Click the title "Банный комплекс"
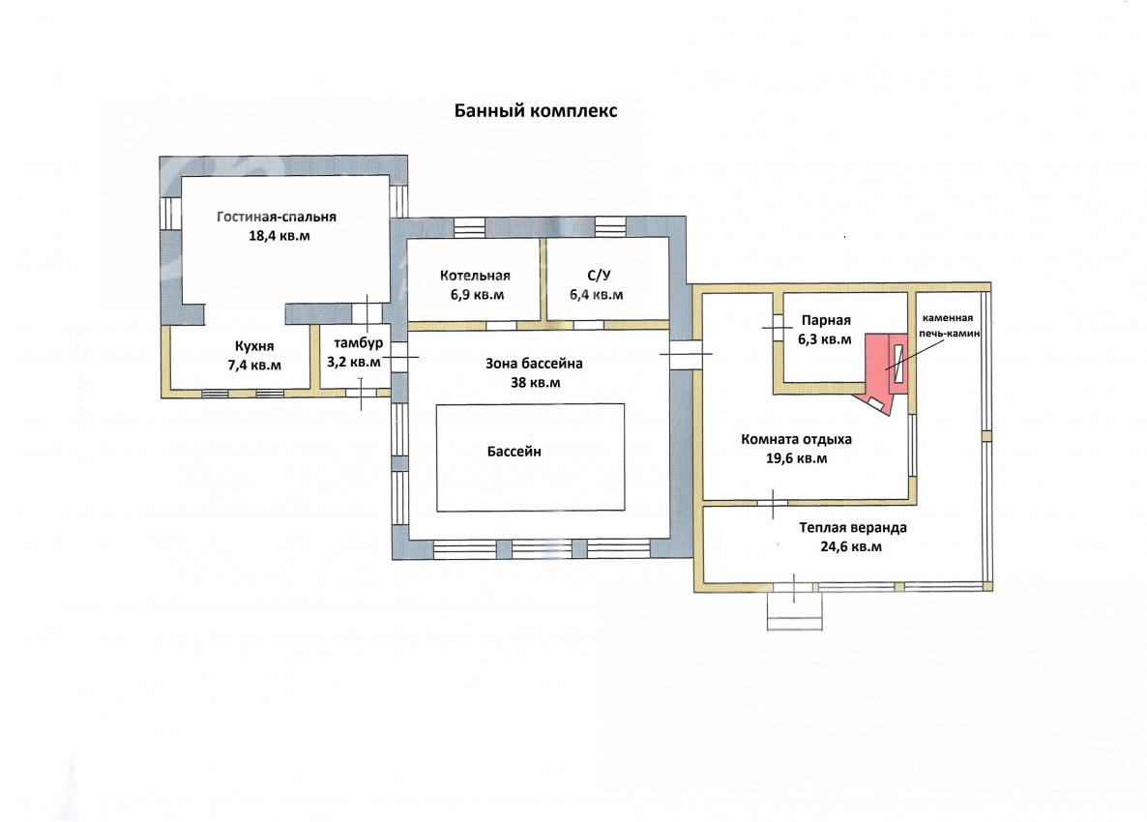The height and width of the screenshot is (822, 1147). tap(536, 110)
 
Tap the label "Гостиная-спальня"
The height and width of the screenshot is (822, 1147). tap(277, 217)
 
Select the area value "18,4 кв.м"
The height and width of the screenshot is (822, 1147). tap(279, 236)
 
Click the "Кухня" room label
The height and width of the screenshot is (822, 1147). tap(254, 346)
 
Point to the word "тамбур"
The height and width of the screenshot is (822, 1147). tap(359, 343)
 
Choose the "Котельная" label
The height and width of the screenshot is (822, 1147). tap(476, 276)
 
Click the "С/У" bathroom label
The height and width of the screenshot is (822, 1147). tap(599, 275)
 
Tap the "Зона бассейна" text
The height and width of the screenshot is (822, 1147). tap(534, 364)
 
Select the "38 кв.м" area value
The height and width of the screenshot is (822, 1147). tap(535, 383)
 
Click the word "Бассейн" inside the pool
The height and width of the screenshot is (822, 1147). tap(515, 452)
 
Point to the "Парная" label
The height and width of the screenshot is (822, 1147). tap(826, 320)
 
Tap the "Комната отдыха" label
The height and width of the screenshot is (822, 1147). tap(797, 439)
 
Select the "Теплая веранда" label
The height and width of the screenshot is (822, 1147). tap(853, 527)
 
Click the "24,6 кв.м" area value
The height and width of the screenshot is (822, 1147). tap(851, 546)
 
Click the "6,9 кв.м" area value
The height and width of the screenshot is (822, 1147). tap(478, 295)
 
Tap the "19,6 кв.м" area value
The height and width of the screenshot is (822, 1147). tap(797, 458)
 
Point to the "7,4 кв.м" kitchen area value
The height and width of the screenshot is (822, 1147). tap(254, 365)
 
